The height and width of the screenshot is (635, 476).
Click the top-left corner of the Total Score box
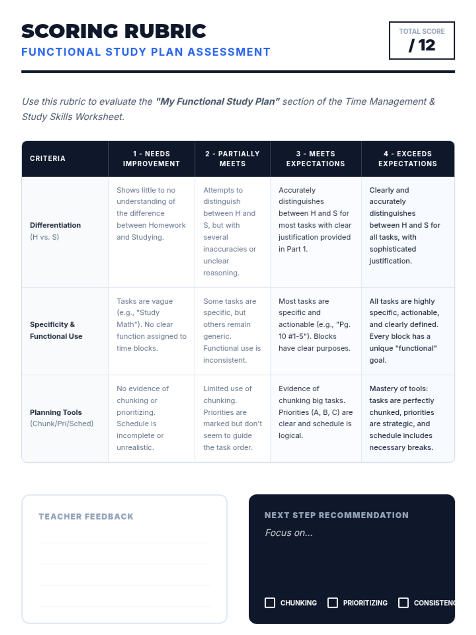click(389, 22)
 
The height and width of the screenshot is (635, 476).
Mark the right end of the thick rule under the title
click(455, 71)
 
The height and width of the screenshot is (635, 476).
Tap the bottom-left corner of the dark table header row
click(22, 177)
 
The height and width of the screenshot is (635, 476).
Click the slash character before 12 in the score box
click(412, 45)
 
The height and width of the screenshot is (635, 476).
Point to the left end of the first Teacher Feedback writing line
click(39, 543)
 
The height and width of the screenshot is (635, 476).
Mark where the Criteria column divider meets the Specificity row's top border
click(108, 288)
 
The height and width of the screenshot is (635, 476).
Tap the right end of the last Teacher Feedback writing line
click(210, 606)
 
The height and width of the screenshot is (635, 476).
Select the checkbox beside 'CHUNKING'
click(270, 603)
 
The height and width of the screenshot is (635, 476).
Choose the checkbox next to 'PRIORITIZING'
click(333, 603)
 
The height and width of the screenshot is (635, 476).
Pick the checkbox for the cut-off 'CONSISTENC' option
click(403, 603)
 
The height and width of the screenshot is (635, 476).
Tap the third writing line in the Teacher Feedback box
click(125, 585)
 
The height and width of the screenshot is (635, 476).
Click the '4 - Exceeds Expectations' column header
click(408, 159)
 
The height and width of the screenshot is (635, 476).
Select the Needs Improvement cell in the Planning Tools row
click(152, 418)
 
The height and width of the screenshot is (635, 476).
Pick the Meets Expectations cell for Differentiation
click(316, 232)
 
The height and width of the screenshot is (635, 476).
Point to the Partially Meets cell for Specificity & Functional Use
click(232, 331)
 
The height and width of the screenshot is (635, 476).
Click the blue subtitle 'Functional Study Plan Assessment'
click(146, 52)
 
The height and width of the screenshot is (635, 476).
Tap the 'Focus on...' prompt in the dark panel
click(289, 533)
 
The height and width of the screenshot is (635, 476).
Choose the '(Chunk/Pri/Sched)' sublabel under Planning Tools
click(61, 424)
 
